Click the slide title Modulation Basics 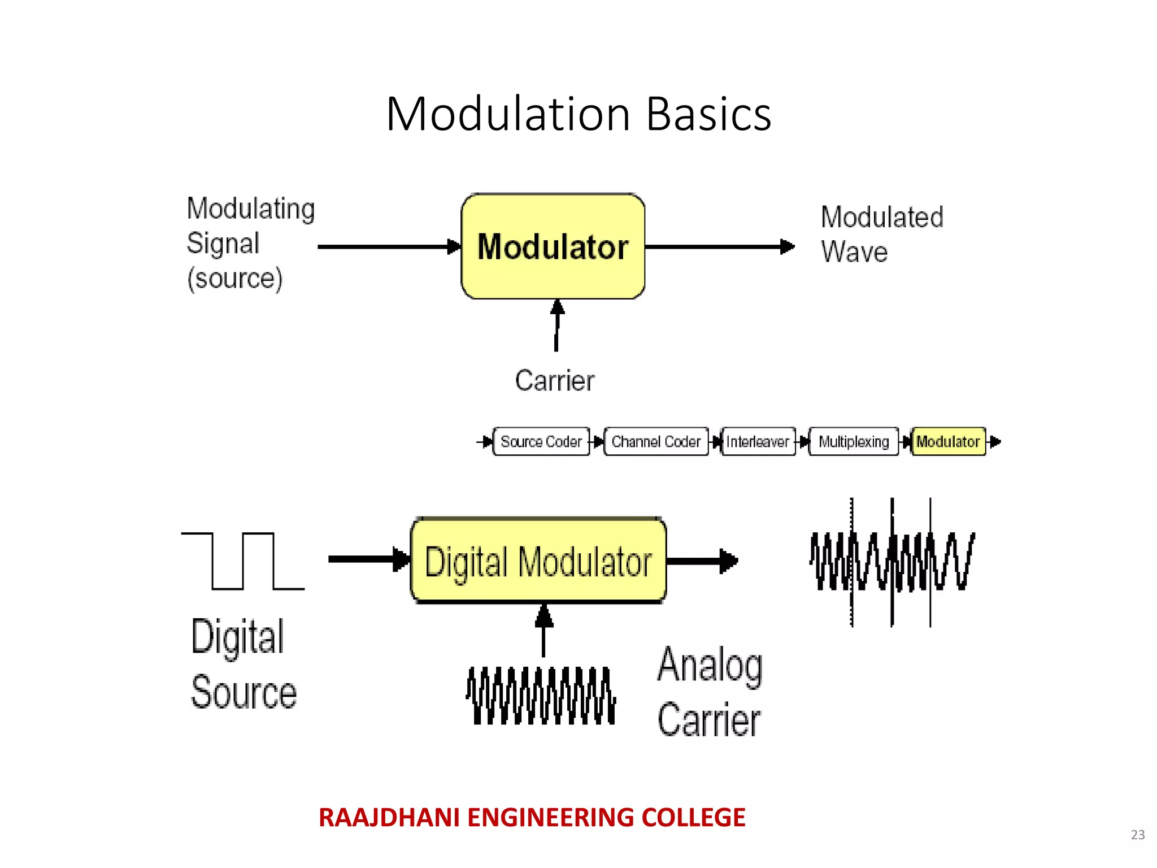click(x=578, y=114)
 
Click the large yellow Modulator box click(x=553, y=246)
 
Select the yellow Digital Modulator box click(x=538, y=561)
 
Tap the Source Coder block click(x=541, y=441)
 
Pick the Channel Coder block click(x=656, y=441)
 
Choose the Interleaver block click(x=758, y=441)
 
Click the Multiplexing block click(x=854, y=441)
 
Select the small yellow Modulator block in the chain click(x=948, y=441)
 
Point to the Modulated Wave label click(x=881, y=234)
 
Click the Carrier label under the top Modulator click(x=554, y=380)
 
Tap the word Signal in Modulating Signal click(x=223, y=244)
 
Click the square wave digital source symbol click(x=243, y=561)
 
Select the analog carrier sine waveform click(x=541, y=696)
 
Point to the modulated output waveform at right click(x=891, y=561)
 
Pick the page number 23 click(x=1138, y=835)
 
